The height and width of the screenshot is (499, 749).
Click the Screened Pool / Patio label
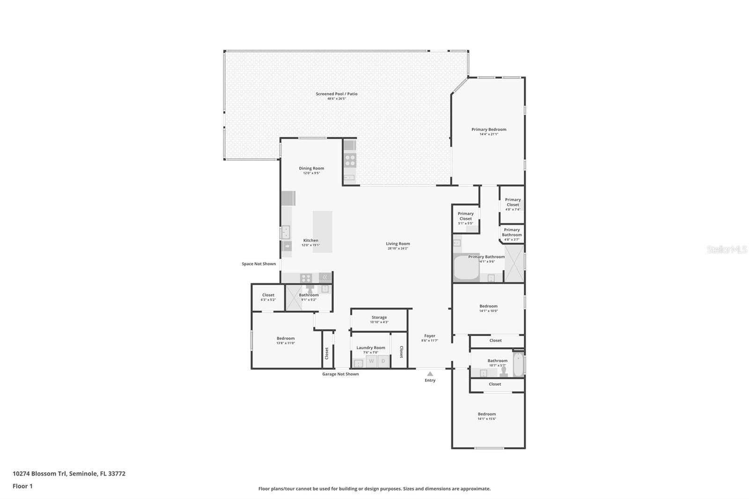(x=336, y=94)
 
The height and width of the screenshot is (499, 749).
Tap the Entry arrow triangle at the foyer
(x=430, y=374)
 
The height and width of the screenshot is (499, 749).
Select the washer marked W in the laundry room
(x=371, y=361)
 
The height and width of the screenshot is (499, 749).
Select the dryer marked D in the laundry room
(x=383, y=361)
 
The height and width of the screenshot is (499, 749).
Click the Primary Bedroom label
(x=488, y=130)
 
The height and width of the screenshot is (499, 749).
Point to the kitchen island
(x=322, y=232)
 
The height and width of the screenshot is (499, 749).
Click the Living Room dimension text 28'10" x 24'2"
(x=397, y=249)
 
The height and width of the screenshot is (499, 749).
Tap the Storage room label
(x=379, y=317)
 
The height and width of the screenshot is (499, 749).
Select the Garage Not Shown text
(x=340, y=374)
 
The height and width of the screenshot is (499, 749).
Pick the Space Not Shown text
(x=258, y=264)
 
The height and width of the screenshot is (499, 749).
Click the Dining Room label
(x=311, y=169)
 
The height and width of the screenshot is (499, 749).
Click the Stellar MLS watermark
(x=727, y=250)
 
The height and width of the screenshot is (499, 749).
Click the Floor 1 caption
(x=22, y=486)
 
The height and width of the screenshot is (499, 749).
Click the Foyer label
(x=429, y=336)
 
